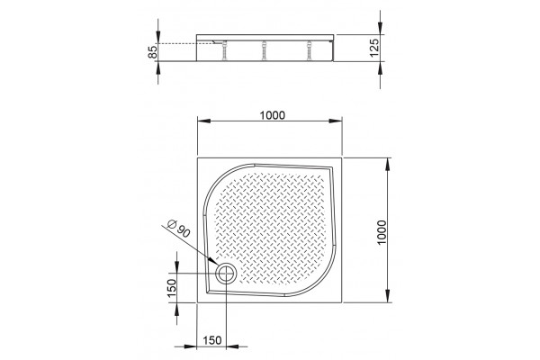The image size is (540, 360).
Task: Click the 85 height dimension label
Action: click(153, 51)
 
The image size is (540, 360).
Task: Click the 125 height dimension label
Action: click(374, 48)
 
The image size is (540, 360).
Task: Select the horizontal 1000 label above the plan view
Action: click(273, 115)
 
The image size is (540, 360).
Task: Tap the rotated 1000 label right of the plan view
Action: click(382, 232)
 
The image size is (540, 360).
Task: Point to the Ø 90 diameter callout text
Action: click(178, 229)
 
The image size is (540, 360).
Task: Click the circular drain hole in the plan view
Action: click(226, 274)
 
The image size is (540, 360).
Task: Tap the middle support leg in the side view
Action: click(264, 51)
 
